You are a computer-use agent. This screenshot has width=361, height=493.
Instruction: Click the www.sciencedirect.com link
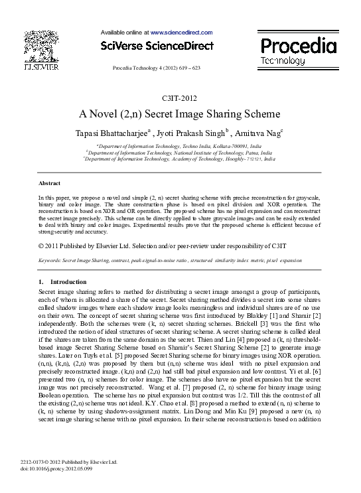coord(181,33)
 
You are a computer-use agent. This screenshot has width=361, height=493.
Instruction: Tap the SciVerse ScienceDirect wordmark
coord(157,46)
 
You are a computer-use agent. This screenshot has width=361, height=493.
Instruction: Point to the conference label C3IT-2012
coord(180,98)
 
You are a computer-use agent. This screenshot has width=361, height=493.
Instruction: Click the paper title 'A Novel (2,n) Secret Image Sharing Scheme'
coord(180,113)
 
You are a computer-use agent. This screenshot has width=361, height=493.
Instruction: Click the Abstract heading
coord(50,183)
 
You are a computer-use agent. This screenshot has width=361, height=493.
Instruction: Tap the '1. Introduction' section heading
coord(59,282)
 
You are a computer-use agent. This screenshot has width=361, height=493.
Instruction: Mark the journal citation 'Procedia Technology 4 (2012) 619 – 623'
coord(157,68)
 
